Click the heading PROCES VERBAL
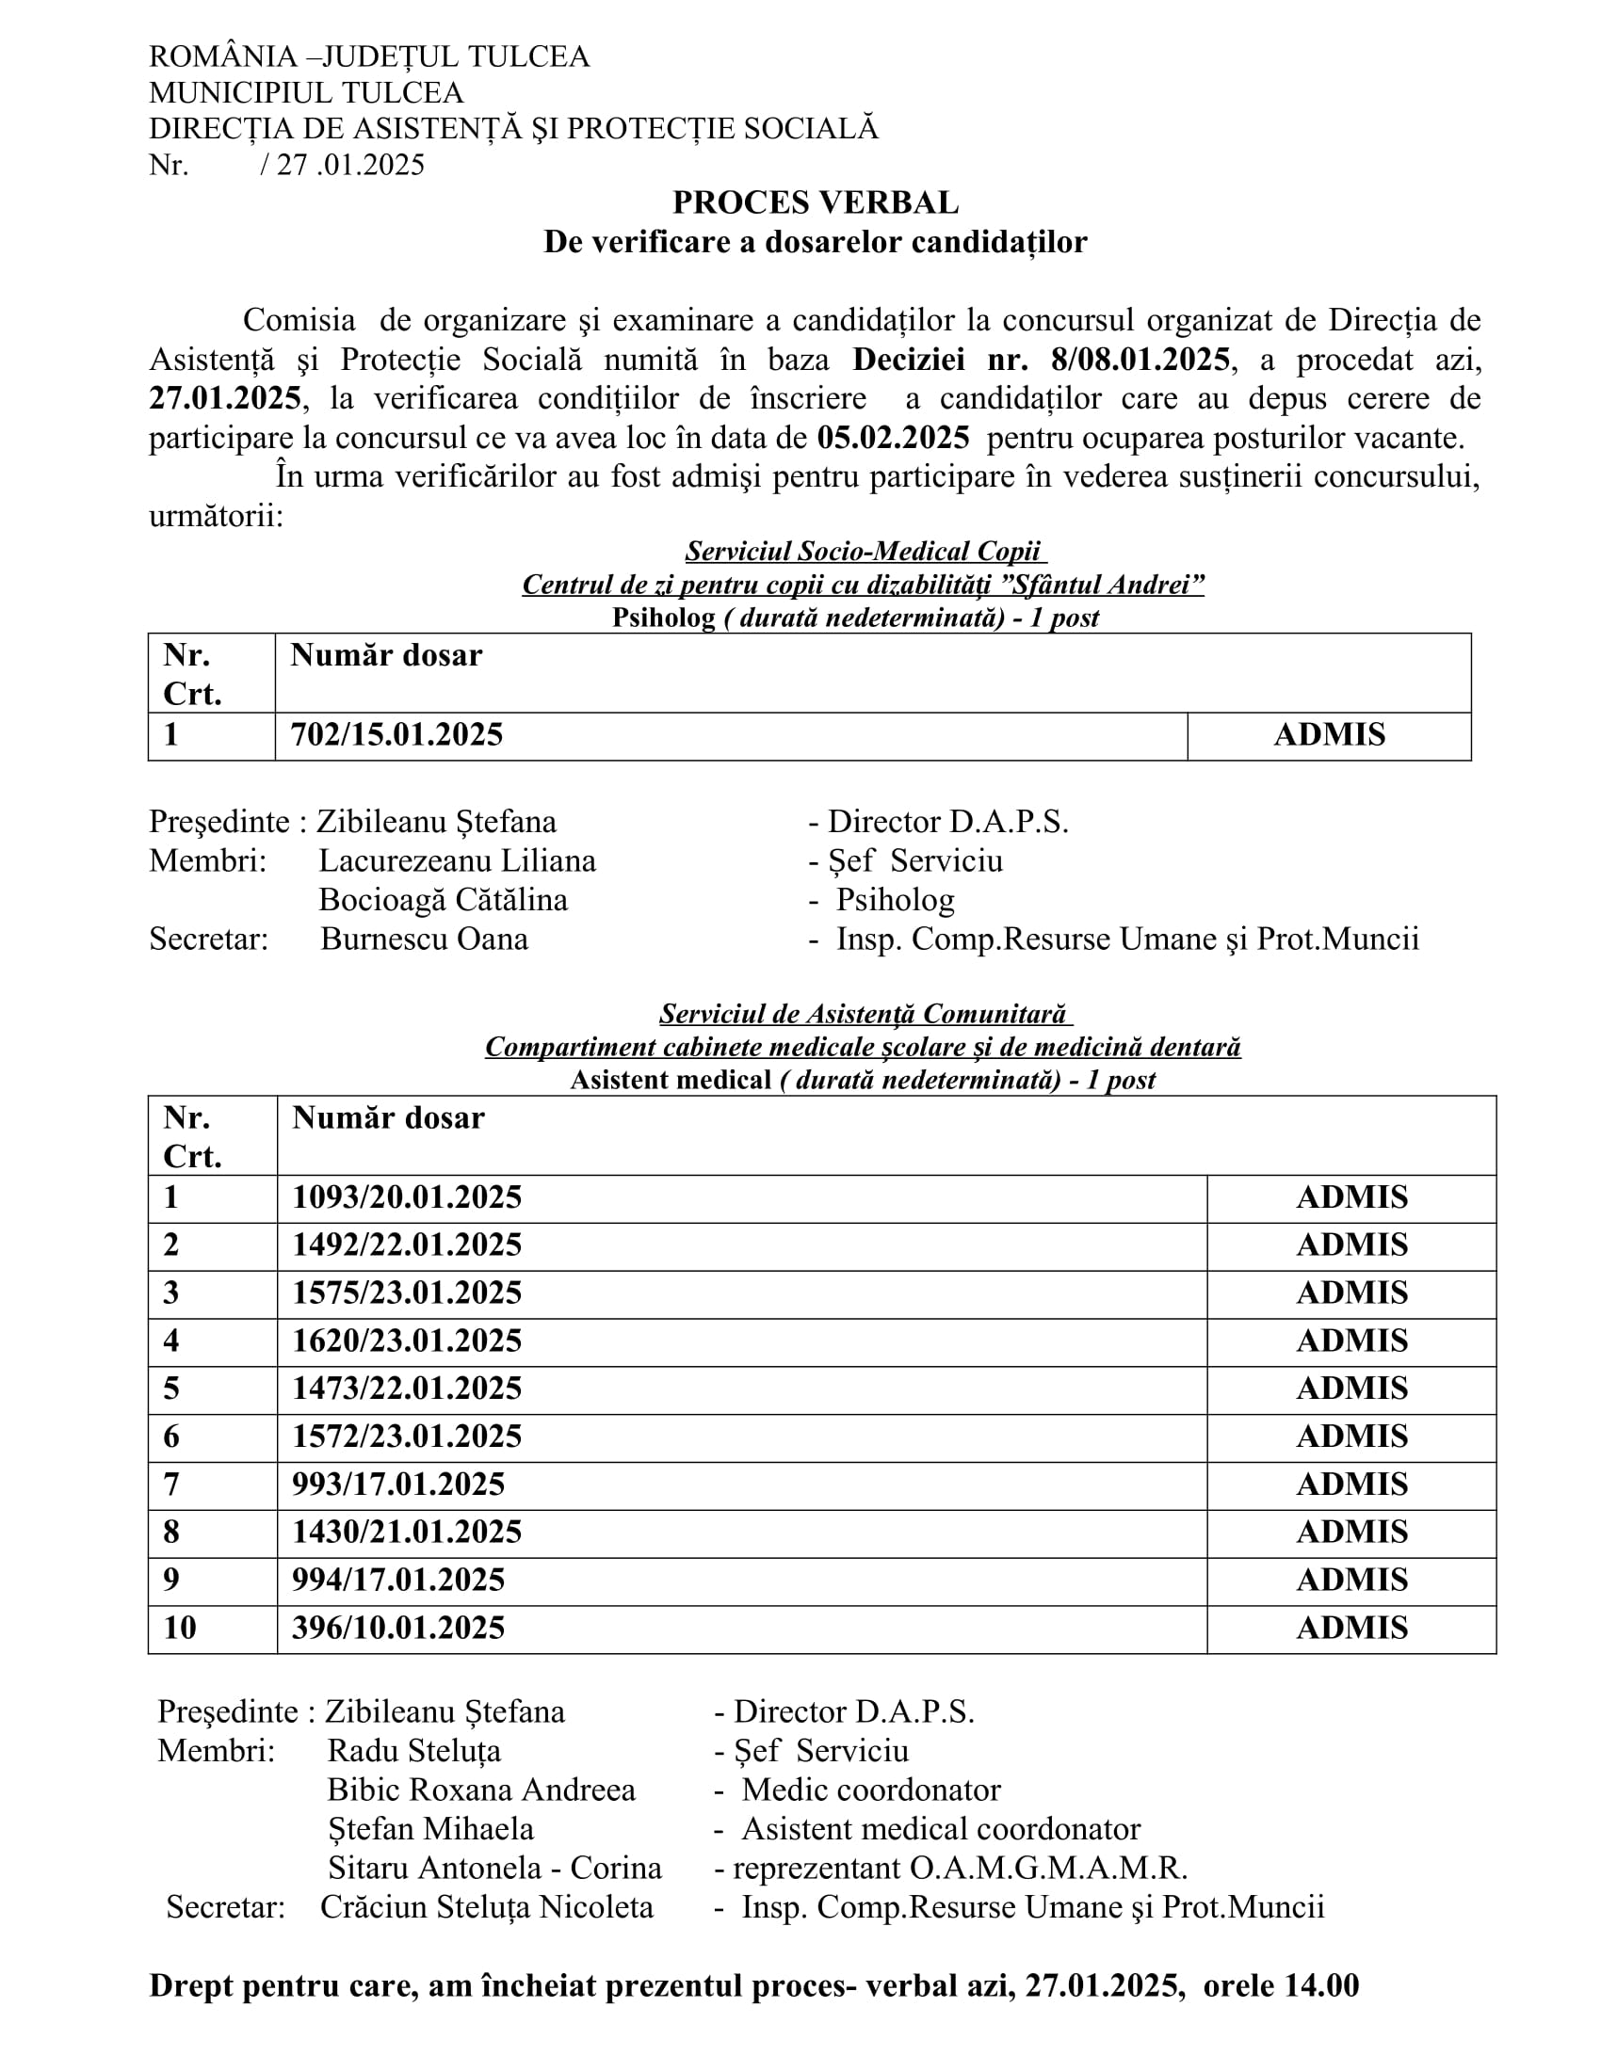click(x=815, y=203)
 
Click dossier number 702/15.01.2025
click(x=396, y=735)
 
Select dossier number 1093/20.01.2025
click(x=407, y=1197)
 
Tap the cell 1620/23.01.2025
click(x=407, y=1341)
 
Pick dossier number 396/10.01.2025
click(x=398, y=1629)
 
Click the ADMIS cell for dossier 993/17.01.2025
click(x=1351, y=1484)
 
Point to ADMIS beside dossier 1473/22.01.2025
click(x=1351, y=1389)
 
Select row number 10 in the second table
click(x=180, y=1629)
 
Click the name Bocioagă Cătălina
click(x=443, y=900)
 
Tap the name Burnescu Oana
click(x=424, y=939)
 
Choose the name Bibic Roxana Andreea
click(x=481, y=1790)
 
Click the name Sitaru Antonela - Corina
click(x=494, y=1868)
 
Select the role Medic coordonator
click(x=871, y=1790)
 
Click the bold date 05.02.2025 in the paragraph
click(x=894, y=438)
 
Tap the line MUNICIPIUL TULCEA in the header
click(x=305, y=93)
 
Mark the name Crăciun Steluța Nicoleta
click(x=487, y=1907)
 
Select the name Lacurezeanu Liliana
click(x=457, y=861)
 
